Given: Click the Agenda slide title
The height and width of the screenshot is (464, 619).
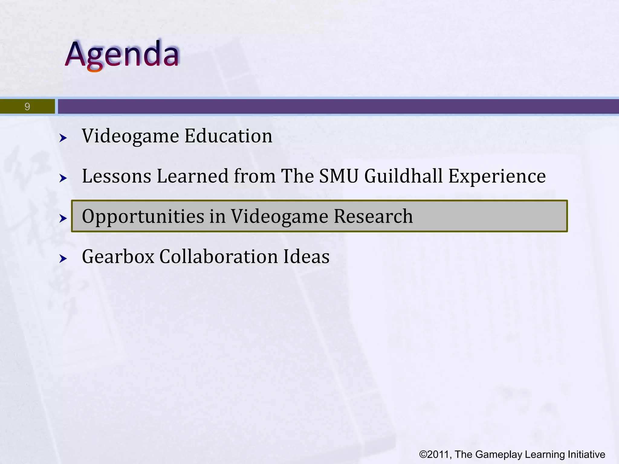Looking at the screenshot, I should (x=122, y=54).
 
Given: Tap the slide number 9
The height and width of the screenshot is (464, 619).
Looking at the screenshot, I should (x=27, y=107).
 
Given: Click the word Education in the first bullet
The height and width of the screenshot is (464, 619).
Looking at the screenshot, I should (x=228, y=136).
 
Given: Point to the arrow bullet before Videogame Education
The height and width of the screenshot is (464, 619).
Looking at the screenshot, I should (x=63, y=138).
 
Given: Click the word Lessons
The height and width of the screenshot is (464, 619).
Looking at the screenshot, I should (x=116, y=176).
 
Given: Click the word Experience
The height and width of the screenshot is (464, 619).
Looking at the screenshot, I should (x=497, y=177).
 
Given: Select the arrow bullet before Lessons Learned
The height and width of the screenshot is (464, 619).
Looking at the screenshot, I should (x=63, y=178).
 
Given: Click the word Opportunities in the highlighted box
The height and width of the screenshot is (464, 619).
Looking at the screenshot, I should (x=143, y=217).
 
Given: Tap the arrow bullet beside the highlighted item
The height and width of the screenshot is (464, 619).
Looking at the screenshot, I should (x=63, y=218).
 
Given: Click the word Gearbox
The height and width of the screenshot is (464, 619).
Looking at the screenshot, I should (x=118, y=257).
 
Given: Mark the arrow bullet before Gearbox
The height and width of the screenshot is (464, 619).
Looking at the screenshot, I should (x=63, y=259).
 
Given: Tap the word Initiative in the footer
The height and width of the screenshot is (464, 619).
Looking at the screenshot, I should (x=586, y=454).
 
